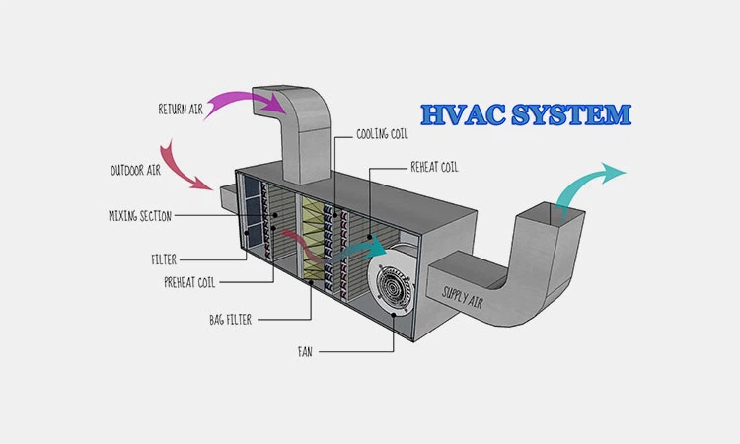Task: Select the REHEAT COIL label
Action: (435, 167)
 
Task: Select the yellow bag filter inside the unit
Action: (317, 237)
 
